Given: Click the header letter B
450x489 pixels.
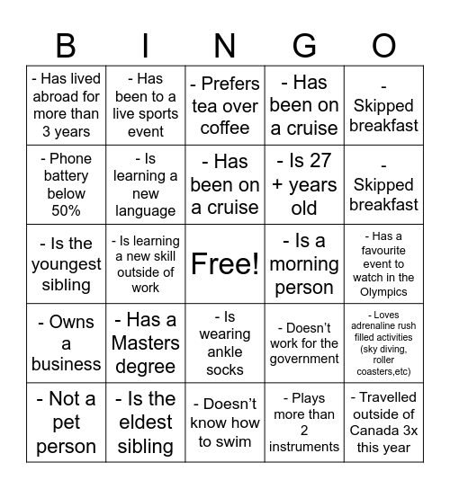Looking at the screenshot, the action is pos(66,45).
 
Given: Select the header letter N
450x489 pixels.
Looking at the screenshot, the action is pos(225,45).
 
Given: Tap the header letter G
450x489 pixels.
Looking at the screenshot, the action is pos(304,45).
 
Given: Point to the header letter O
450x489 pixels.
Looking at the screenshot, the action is pos(383,45).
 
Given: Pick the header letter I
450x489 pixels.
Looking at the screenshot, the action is pos(146,45).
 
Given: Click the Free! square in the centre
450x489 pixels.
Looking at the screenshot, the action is pos(225,264).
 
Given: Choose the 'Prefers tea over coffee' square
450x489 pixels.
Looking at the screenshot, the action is pos(225,105).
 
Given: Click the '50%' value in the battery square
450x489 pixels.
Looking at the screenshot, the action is pos(66,210).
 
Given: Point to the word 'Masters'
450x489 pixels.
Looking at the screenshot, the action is pos(145,343).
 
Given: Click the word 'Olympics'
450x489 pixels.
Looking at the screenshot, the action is pos(383,291).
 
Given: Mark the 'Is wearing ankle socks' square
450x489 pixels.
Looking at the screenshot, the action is pos(225,343).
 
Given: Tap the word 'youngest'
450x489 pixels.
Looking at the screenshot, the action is pos(66,264).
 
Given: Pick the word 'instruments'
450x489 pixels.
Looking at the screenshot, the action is pos(304,446).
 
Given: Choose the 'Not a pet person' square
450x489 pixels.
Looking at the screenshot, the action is pos(66,422).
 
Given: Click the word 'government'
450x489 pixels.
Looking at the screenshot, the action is pos(304,359).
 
